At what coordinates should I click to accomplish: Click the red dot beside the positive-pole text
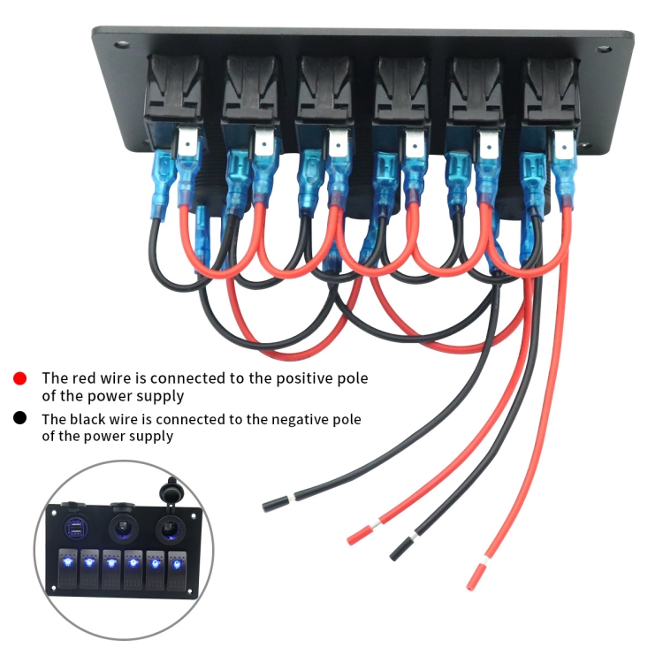click(20, 378)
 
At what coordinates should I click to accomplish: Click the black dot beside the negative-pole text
click(20, 418)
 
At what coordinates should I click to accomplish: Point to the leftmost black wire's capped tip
click(274, 504)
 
